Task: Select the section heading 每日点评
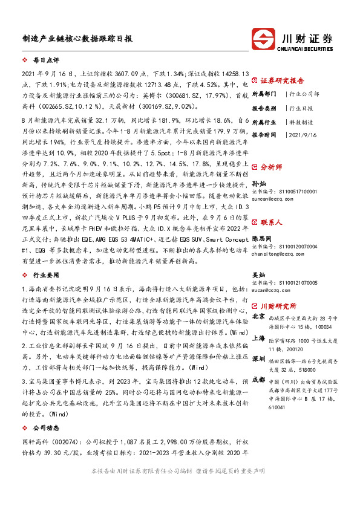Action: [46, 61]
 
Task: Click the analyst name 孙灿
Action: [259, 181]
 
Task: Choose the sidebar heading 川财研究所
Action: [283, 306]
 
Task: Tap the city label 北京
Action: [258, 316]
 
